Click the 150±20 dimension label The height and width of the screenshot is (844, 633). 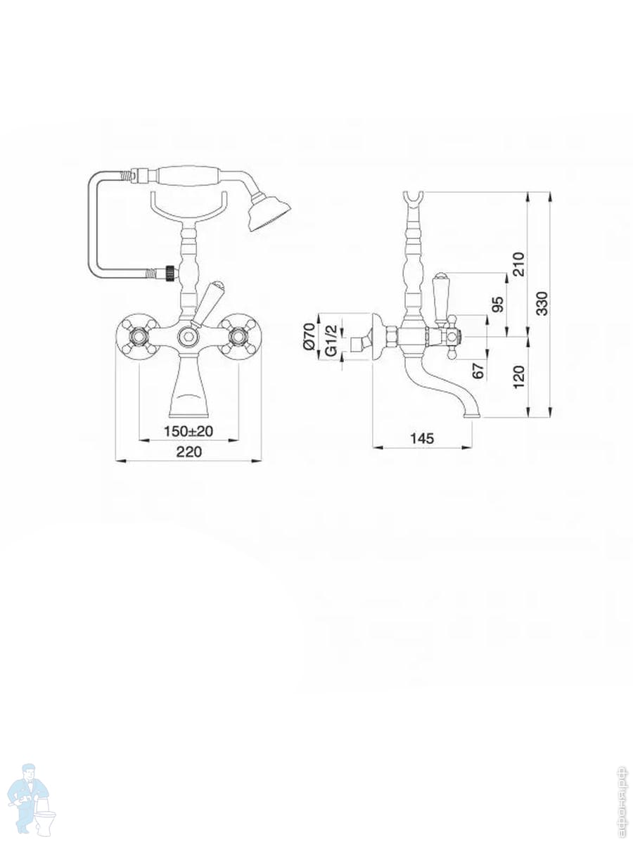188,431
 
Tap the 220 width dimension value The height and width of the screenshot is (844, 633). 188,452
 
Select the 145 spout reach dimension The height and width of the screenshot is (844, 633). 422,438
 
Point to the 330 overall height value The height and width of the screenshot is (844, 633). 542,304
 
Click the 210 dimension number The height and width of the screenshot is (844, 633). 518,264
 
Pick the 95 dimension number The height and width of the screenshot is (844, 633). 498,305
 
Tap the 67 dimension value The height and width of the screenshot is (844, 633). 478,370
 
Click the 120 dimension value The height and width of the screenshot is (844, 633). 518,377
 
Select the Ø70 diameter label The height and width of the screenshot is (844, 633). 309,336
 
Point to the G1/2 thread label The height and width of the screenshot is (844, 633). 331,340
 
